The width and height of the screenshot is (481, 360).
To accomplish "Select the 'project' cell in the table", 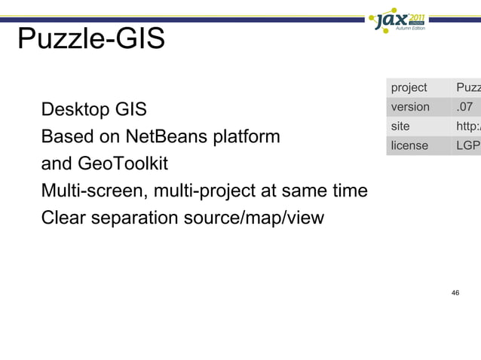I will [x=409, y=88].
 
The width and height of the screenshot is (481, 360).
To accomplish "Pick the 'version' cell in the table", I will [x=410, y=107].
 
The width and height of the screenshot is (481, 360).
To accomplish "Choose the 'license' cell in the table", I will [x=409, y=145].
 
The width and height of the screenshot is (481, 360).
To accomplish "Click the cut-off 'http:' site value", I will [x=467, y=127].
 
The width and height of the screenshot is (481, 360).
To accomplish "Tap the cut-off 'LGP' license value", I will [x=467, y=145].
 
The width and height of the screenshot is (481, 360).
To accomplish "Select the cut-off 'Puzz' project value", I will [x=467, y=88].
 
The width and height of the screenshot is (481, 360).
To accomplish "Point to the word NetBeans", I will [x=170, y=138].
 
